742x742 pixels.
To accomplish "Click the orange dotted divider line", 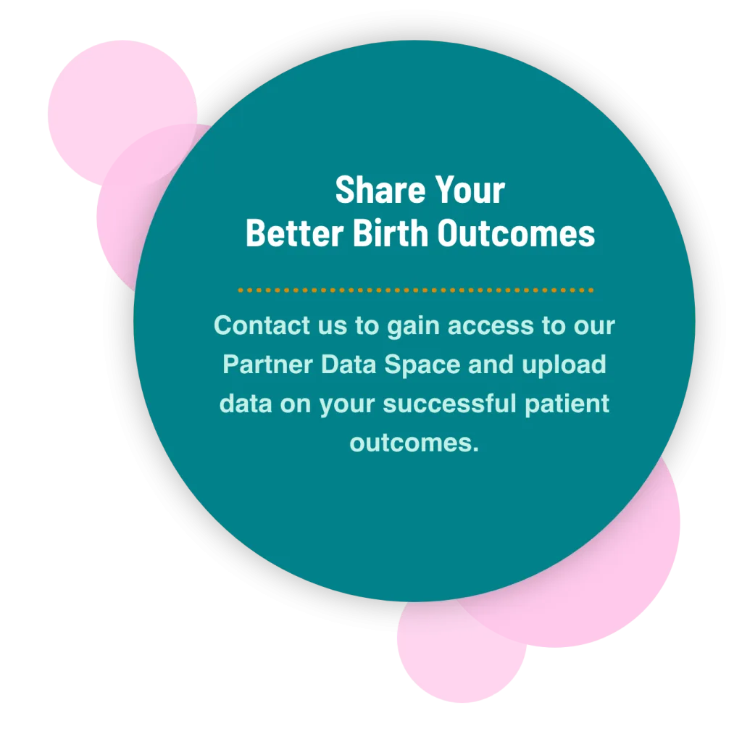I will [415, 290].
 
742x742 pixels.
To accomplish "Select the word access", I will [491, 326].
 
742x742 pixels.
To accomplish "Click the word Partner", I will [265, 364].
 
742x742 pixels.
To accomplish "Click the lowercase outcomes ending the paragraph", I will [414, 441].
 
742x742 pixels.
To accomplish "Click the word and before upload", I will [491, 364].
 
